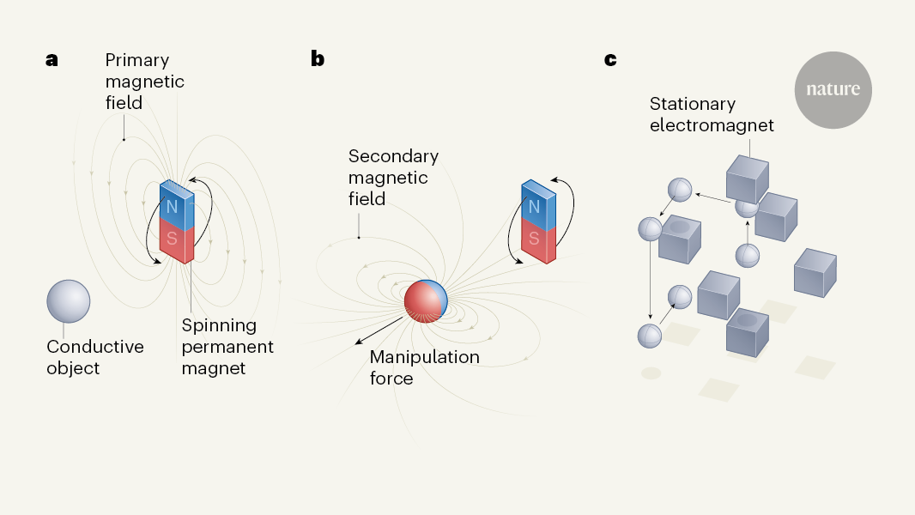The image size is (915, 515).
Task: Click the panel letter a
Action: (52, 60)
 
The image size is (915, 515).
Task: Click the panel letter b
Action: (318, 60)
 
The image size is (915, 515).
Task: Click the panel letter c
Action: (611, 60)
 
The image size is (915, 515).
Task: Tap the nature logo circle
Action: (833, 90)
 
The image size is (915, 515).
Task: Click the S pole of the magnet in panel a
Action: (173, 239)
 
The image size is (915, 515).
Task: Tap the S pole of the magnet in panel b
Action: (536, 239)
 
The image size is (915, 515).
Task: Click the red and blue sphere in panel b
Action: (426, 301)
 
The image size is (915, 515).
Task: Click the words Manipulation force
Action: (424, 367)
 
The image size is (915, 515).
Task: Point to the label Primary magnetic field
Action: (144, 82)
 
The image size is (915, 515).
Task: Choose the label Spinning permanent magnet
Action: (227, 347)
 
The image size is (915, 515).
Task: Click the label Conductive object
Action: (94, 357)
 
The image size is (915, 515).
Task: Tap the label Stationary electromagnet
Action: (712, 114)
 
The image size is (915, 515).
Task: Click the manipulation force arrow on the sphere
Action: (379, 331)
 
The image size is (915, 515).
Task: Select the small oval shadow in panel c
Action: (651, 373)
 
